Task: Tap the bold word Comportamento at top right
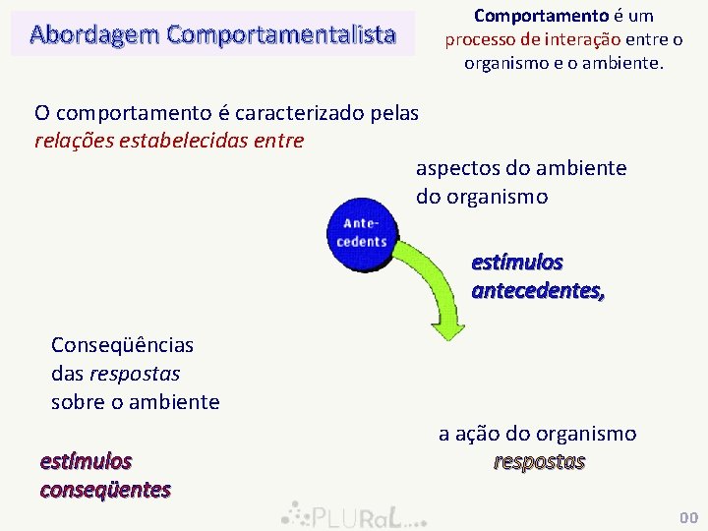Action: pyautogui.click(x=526, y=16)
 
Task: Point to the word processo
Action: pyautogui.click(x=477, y=39)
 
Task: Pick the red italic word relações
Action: pyautogui.click(x=74, y=141)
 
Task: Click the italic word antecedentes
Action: pyautogui.click(x=538, y=290)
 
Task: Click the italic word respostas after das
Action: pyautogui.click(x=135, y=374)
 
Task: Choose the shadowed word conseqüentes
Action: pyautogui.click(x=105, y=489)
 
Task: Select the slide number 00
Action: pyautogui.click(x=688, y=517)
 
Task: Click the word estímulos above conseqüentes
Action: pyautogui.click(x=86, y=460)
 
